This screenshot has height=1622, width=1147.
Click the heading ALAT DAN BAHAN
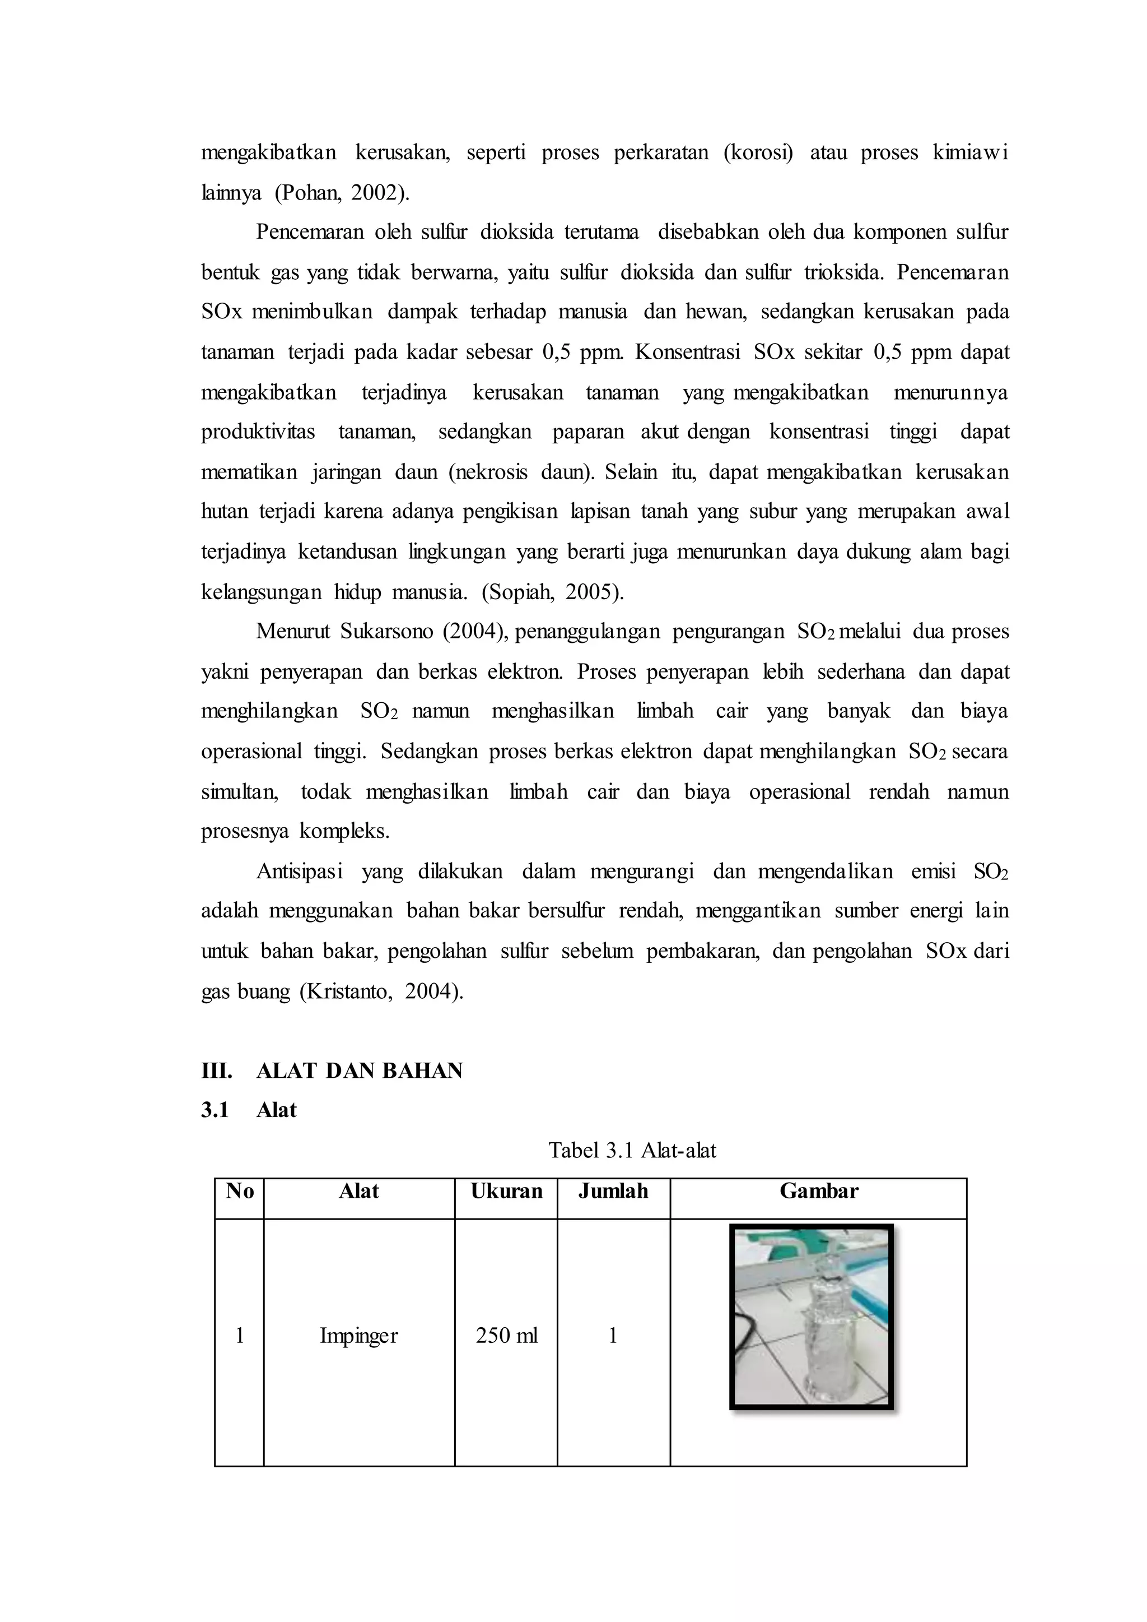pyautogui.click(x=359, y=1070)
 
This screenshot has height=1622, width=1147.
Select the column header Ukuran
pyautogui.click(x=506, y=1191)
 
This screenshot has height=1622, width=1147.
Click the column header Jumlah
pyautogui.click(x=613, y=1191)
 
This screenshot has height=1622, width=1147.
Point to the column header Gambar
pyautogui.click(x=819, y=1191)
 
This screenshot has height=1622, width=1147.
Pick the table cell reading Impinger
pyautogui.click(x=359, y=1335)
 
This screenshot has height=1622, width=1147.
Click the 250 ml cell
pyautogui.click(x=506, y=1335)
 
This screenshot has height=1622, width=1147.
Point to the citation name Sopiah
pyautogui.click(x=520, y=591)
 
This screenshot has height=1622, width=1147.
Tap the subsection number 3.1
pyautogui.click(x=215, y=1110)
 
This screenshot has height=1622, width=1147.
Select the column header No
pyautogui.click(x=240, y=1191)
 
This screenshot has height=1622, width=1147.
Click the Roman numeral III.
pyautogui.click(x=216, y=1070)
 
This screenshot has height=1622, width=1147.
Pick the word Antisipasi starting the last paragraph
pyautogui.click(x=300, y=871)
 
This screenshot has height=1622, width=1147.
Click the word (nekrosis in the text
pyautogui.click(x=487, y=471)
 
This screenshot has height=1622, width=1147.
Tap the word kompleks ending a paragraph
pyautogui.click(x=344, y=831)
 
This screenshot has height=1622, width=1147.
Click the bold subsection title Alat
pyautogui.click(x=276, y=1110)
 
